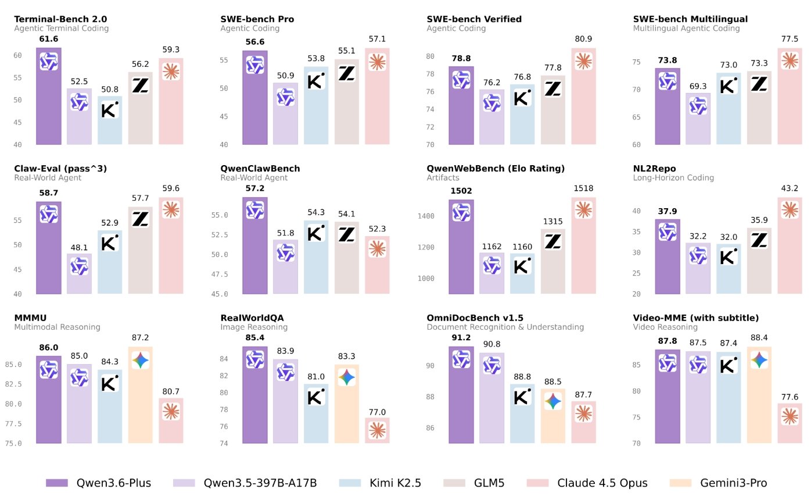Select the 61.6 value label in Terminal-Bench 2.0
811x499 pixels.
pos(49,39)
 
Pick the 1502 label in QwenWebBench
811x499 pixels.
pos(461,191)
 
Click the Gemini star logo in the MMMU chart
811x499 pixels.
pos(140,360)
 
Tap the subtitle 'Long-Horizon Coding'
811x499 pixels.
pos(673,177)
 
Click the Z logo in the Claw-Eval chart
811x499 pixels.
pos(140,219)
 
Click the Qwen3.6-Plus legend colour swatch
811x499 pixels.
pos(57,483)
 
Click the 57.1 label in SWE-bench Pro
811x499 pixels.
pos(377,39)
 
